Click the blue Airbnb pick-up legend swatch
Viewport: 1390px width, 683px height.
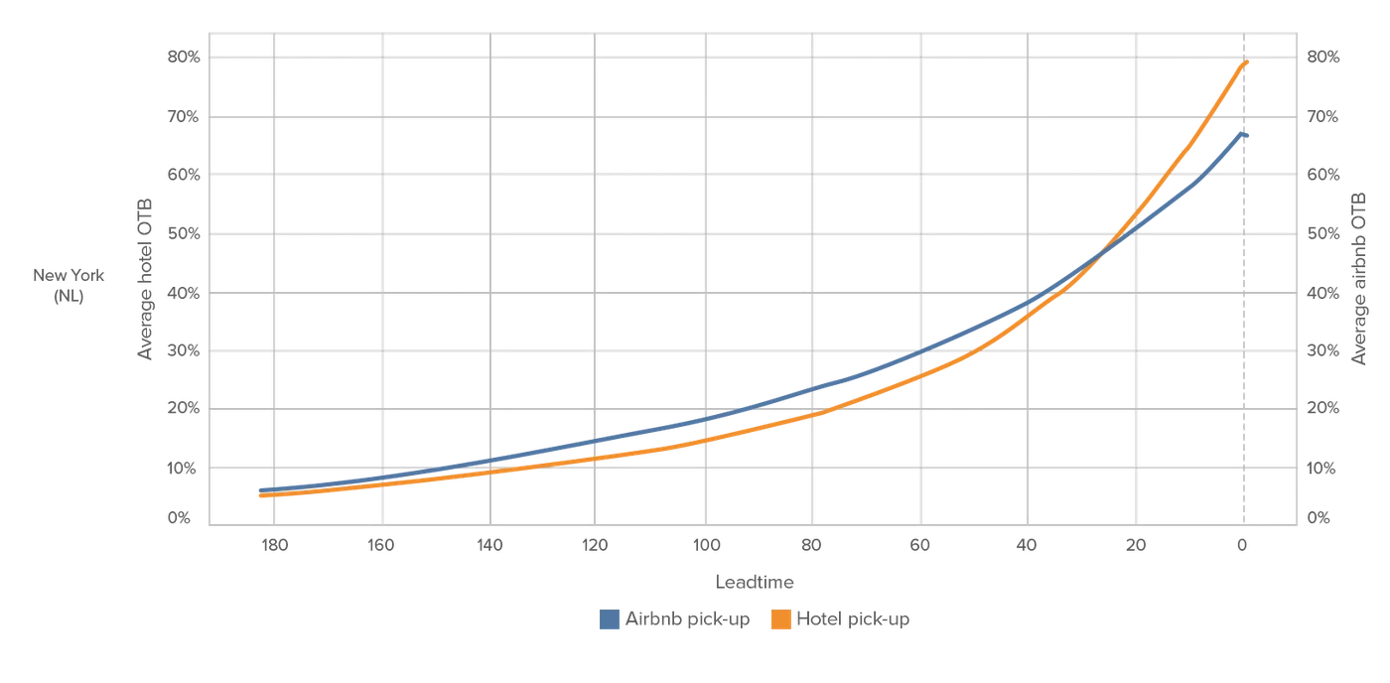coord(610,619)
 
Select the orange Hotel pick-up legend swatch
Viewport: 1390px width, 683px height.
coord(781,619)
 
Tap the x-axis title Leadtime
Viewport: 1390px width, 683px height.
coord(755,582)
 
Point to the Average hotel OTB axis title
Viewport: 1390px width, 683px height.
coord(145,279)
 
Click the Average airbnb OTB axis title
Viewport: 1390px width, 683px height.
coord(1358,279)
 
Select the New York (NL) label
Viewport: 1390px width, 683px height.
coord(69,285)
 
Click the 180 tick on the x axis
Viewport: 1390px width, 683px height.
coord(274,545)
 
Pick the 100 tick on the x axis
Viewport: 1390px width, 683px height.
coord(706,545)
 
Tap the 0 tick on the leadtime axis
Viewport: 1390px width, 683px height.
coord(1242,545)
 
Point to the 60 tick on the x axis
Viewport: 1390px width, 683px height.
coord(920,545)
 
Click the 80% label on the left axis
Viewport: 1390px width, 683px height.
coord(184,57)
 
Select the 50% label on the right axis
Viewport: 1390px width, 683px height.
coord(1322,234)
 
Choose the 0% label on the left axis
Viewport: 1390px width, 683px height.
coord(179,518)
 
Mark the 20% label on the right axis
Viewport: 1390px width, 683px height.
coord(1322,408)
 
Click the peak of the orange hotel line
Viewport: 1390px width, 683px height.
coord(1247,62)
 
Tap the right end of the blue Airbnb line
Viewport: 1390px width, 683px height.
coord(1247,135)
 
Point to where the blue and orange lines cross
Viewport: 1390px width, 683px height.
coord(1101,254)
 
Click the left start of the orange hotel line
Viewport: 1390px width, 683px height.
coord(261,495)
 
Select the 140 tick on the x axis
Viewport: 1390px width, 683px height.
coord(489,545)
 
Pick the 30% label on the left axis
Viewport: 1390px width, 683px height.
coord(183,350)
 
